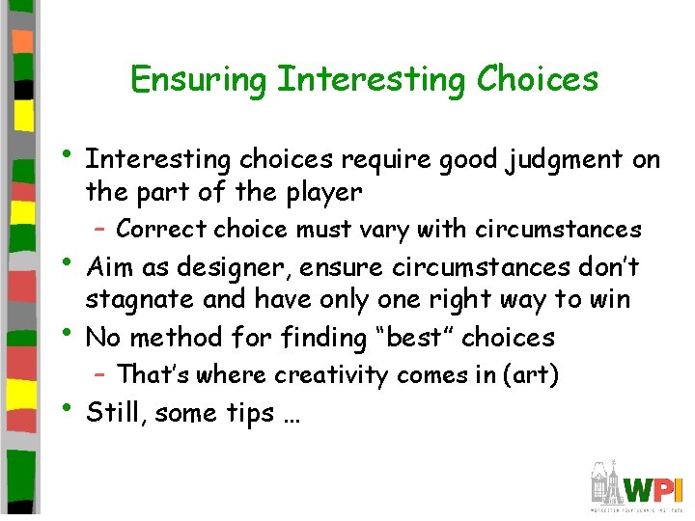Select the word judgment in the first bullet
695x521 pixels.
pos(560,158)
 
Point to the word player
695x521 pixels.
pos(320,192)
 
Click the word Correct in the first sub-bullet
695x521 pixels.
pos(160,230)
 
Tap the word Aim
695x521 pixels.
pos(109,266)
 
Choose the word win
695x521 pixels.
pos(610,300)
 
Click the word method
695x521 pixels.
pos(180,338)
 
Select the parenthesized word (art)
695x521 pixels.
pos(530,374)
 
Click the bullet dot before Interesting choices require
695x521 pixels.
pos(67,155)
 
